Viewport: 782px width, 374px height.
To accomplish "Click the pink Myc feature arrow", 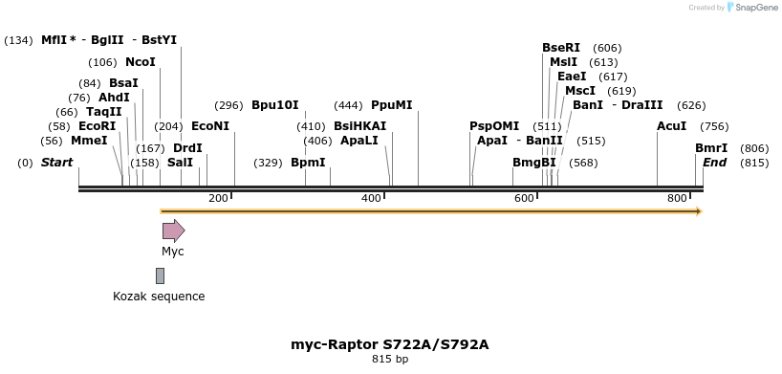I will (x=173, y=231).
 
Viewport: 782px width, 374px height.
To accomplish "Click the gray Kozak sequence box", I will (x=160, y=275).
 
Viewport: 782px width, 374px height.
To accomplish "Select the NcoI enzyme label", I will (x=140, y=62).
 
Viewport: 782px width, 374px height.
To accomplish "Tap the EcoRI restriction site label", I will (x=97, y=126).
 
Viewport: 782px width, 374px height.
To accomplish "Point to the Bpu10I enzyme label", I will (x=275, y=105).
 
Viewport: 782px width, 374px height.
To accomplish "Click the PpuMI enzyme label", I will (x=392, y=105).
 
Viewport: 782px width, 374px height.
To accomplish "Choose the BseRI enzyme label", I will (x=561, y=48).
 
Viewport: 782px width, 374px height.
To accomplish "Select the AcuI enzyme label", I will (x=671, y=126).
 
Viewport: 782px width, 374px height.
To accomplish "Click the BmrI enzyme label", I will (x=711, y=148).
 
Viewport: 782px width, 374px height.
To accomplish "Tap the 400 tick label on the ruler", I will (x=371, y=198).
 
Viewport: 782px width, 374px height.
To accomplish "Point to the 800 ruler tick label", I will (x=677, y=198).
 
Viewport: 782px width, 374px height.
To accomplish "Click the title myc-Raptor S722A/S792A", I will (x=390, y=344).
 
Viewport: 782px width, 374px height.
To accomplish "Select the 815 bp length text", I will (x=390, y=360).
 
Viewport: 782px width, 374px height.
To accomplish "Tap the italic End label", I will (x=715, y=163).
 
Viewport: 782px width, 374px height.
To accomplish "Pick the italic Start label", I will (x=56, y=163).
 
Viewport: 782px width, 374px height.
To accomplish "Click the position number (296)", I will (x=228, y=105).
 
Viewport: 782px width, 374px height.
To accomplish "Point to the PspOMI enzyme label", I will (x=494, y=126).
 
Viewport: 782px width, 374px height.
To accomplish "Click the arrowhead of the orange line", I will (x=699, y=210).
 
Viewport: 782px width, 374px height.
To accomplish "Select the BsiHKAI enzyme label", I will (x=360, y=126).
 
